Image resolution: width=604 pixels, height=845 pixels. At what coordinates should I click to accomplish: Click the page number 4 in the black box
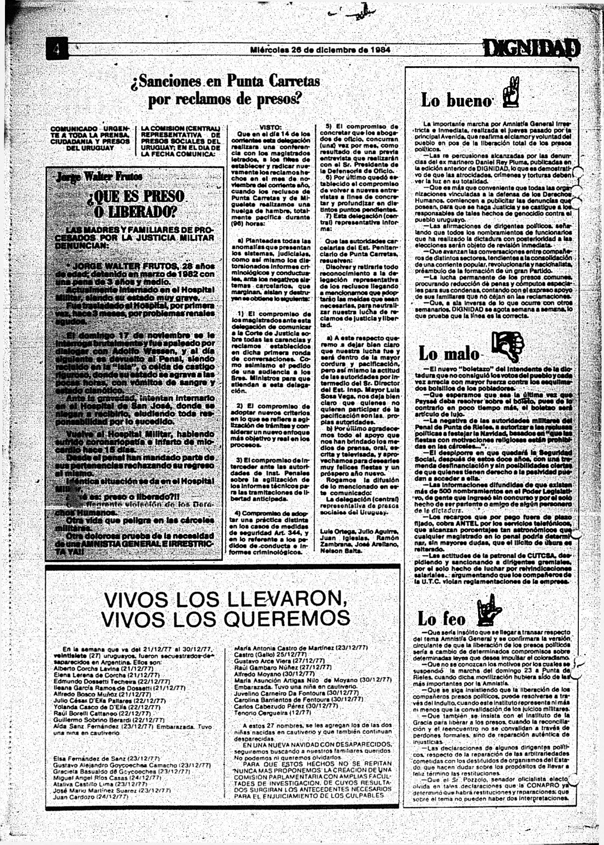tap(57, 49)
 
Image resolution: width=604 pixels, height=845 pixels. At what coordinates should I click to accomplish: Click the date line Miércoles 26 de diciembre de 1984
tap(320, 50)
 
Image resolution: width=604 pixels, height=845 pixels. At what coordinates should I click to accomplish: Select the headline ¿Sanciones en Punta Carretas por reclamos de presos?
tap(225, 90)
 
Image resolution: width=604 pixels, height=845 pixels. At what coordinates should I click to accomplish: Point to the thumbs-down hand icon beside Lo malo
tap(507, 347)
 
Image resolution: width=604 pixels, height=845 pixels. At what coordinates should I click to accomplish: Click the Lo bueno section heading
tap(456, 100)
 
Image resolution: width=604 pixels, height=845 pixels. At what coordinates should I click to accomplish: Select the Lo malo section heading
tap(449, 354)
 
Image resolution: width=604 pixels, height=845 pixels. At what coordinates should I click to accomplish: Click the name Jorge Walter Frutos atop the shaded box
tap(99, 176)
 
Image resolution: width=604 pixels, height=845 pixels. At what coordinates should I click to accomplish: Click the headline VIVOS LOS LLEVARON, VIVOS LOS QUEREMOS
tap(225, 609)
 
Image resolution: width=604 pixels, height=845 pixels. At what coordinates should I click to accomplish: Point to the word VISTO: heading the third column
tap(271, 127)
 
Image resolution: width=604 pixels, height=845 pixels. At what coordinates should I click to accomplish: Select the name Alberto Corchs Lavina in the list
tap(86, 669)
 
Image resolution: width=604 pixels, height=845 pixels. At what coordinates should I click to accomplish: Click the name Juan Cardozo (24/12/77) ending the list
tap(90, 797)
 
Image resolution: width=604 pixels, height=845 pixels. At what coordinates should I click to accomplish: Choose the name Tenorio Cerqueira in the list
tap(266, 712)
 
